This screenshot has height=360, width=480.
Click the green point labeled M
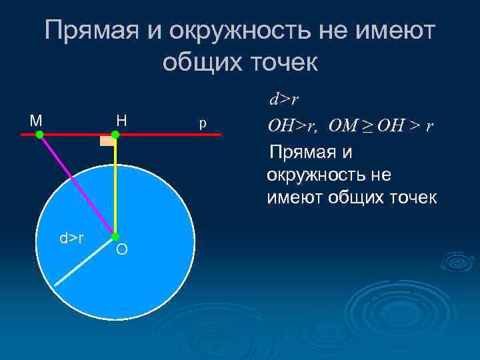click(x=39, y=135)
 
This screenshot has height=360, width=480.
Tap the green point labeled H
click(x=115, y=135)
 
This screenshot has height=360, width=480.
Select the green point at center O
click(x=115, y=236)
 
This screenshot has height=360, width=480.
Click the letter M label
click(x=36, y=121)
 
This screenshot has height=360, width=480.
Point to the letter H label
click(x=121, y=121)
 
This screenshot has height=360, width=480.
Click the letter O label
click(x=121, y=250)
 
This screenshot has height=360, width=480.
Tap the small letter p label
click(x=203, y=124)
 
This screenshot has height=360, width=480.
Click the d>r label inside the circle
click(x=71, y=237)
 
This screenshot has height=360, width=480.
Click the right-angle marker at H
click(x=107, y=141)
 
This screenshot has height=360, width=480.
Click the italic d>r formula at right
click(x=283, y=101)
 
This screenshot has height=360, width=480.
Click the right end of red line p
click(x=219, y=135)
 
